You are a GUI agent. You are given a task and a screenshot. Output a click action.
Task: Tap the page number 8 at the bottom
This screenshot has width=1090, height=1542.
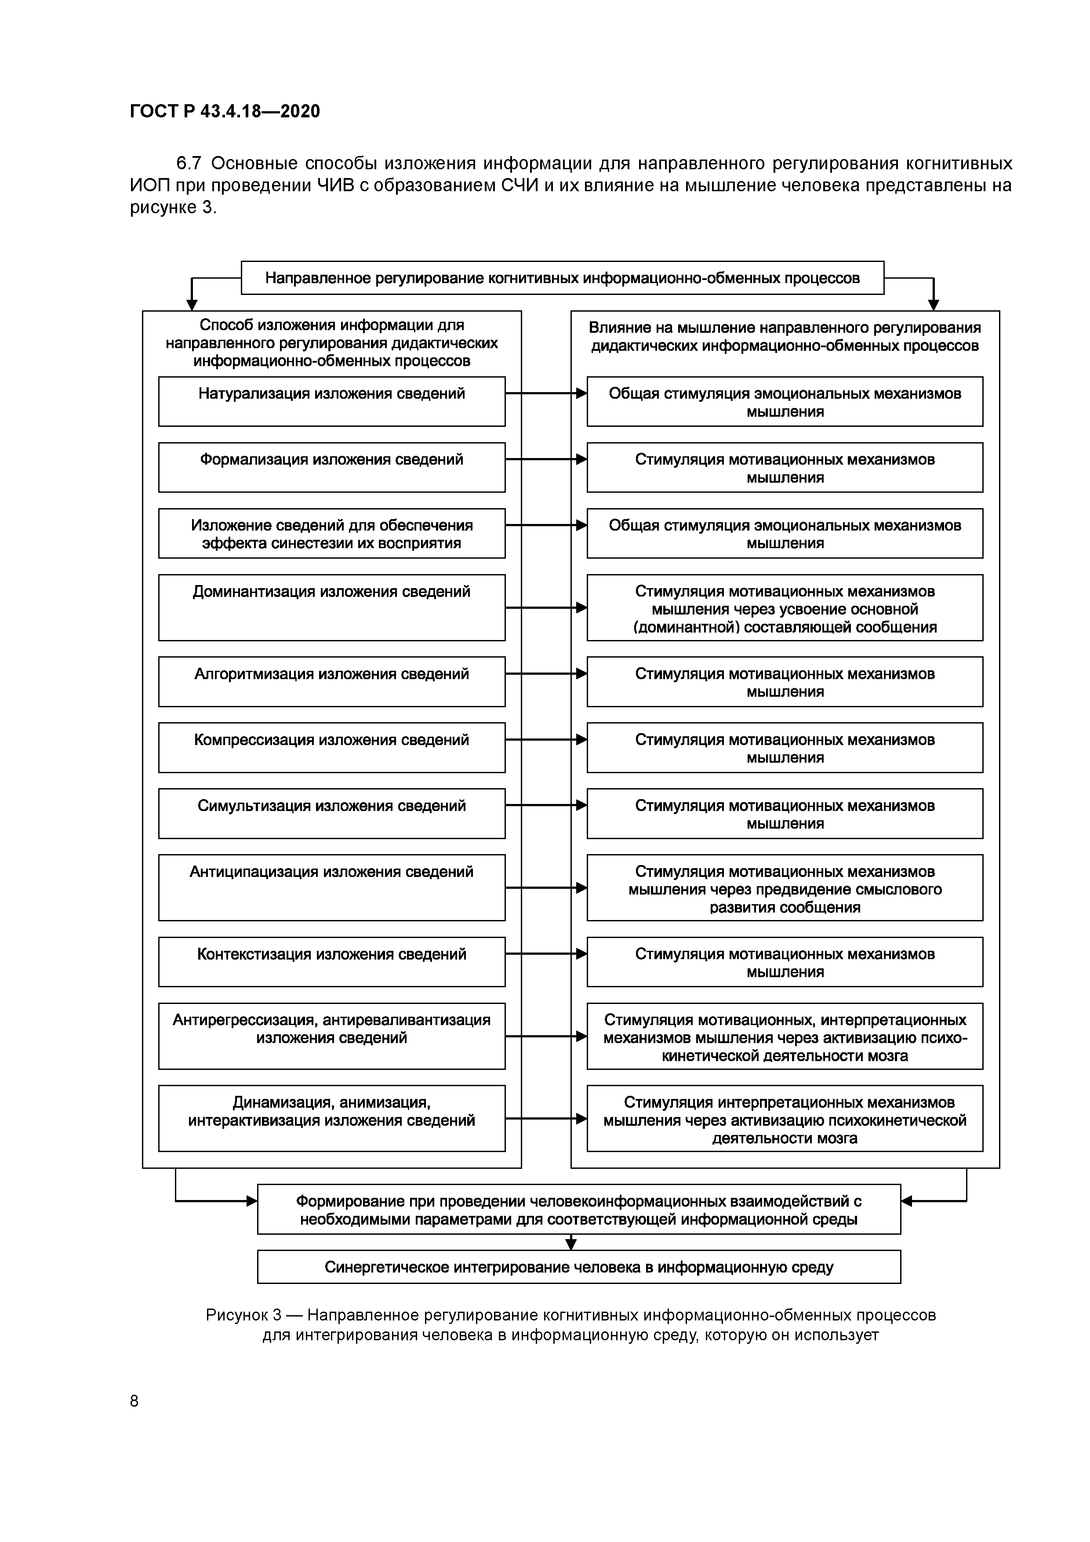point(134,1400)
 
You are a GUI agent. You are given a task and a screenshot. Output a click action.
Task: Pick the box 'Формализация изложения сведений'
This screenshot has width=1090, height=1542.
point(332,467)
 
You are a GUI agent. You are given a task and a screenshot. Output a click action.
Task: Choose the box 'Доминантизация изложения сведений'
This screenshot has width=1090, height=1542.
point(332,607)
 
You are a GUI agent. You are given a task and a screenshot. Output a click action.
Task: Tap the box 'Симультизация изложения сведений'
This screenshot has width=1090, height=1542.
point(332,813)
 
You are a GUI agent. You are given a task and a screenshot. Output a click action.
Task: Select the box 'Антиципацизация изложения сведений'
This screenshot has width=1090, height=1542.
point(332,887)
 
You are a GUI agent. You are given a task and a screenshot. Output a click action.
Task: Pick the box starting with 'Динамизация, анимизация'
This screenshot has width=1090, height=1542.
point(332,1118)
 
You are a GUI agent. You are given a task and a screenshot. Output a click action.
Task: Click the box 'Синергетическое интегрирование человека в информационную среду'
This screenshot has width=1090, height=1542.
point(578,1267)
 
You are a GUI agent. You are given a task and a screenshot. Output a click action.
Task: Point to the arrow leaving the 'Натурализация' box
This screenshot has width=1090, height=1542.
point(545,393)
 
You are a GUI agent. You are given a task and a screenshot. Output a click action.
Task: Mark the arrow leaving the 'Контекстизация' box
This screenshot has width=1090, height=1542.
point(545,954)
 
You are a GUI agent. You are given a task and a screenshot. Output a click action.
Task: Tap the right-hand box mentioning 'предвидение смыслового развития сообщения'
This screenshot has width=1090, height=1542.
point(785,887)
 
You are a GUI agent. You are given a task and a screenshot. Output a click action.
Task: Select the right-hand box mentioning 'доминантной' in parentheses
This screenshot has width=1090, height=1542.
point(785,607)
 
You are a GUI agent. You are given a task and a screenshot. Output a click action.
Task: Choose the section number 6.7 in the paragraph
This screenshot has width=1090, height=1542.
point(189,163)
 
